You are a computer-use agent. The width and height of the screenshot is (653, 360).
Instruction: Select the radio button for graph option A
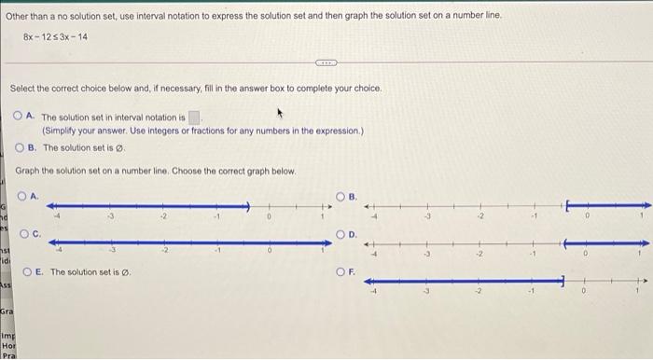[x=22, y=196]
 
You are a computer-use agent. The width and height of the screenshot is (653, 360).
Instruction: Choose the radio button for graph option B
[x=342, y=196]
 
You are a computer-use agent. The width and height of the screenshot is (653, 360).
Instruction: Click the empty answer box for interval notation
[x=195, y=118]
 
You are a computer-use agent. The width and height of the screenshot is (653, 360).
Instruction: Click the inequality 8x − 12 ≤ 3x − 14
[x=55, y=36]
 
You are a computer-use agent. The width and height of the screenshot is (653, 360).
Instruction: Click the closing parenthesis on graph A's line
[x=249, y=205]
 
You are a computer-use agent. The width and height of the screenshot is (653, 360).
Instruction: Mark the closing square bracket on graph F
[x=563, y=279]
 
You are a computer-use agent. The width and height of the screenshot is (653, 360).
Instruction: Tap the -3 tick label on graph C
[x=114, y=253]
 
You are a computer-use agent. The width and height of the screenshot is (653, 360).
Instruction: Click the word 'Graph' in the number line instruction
[x=27, y=172]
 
